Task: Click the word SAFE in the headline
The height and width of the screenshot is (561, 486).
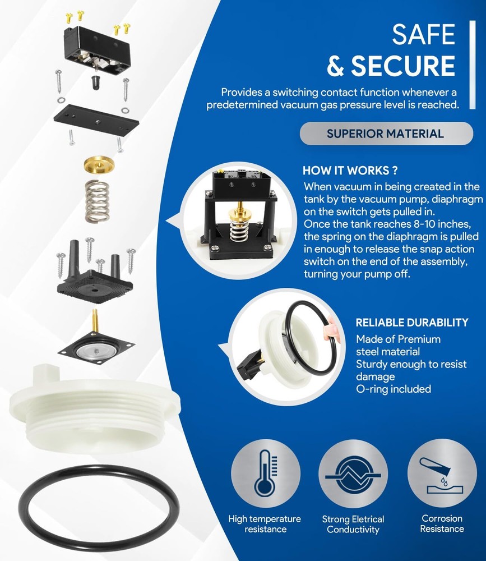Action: tap(423, 35)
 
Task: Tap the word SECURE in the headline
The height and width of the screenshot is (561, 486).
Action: tap(403, 66)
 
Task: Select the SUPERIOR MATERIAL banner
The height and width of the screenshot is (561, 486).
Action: tap(386, 134)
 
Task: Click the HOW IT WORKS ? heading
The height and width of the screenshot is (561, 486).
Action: tap(350, 171)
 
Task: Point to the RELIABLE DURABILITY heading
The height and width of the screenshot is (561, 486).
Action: tap(412, 323)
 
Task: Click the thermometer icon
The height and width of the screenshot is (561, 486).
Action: tap(265, 472)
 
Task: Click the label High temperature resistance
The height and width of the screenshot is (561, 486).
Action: tap(265, 524)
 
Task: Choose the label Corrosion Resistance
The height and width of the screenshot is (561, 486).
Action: tap(442, 523)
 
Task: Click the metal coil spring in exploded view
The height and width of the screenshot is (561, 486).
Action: tap(97, 201)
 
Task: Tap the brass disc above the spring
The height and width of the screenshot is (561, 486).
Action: tap(99, 164)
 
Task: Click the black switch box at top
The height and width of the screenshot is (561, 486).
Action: tap(97, 50)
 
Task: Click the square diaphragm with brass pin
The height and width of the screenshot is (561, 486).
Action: tap(96, 346)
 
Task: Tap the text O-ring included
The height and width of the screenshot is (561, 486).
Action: tap(394, 389)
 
